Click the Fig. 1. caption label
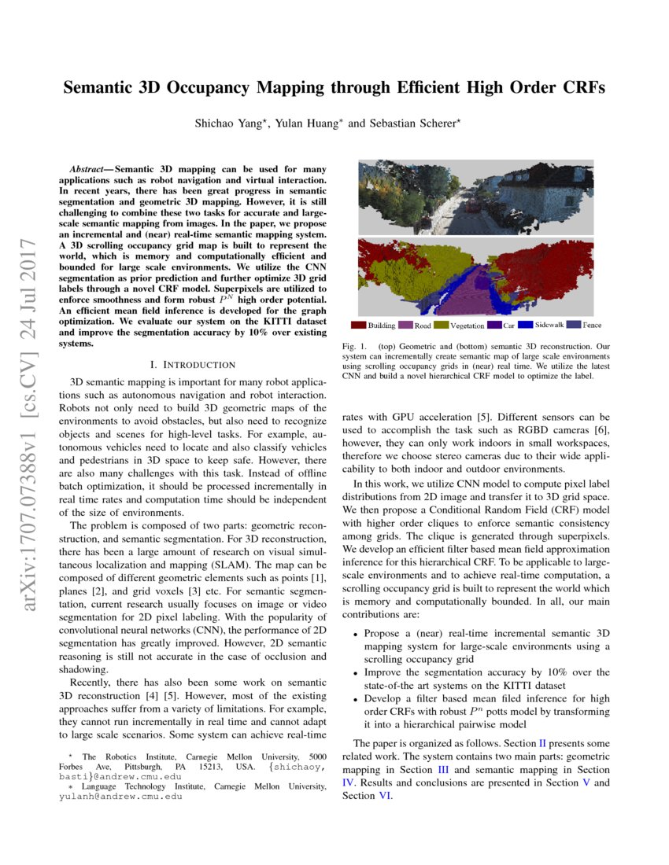pos(353,345)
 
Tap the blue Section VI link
pos(385,795)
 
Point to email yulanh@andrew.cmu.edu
pos(121,796)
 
